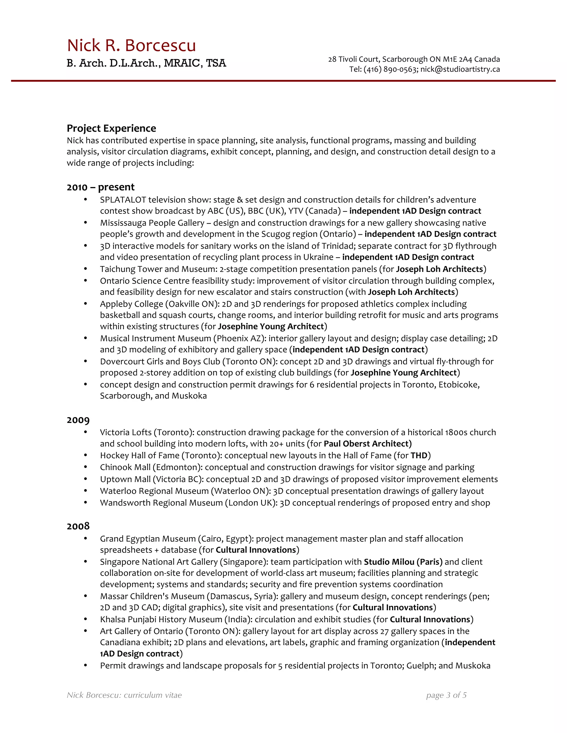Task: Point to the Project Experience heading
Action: [111, 128]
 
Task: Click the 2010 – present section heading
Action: [100, 187]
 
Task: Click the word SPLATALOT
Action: [123, 200]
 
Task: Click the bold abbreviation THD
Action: [419, 456]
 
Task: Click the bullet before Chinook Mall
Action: [86, 467]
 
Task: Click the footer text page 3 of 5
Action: [446, 695]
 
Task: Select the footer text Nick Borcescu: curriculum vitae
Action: [124, 695]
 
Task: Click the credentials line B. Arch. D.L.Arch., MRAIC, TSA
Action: [146, 63]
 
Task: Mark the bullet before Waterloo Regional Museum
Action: [86, 491]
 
